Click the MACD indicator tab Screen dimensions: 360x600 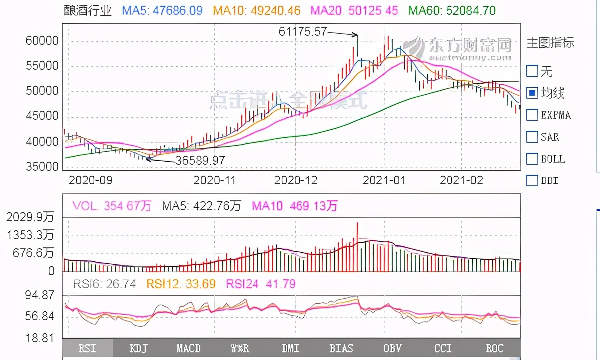point(189,348)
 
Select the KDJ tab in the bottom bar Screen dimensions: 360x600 point(138,348)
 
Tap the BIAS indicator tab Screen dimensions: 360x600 point(341,348)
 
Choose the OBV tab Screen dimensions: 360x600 point(392,348)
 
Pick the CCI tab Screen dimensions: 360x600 point(443,348)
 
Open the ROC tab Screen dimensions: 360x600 point(494,348)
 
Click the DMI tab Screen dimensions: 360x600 point(291,348)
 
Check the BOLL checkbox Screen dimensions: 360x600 point(532,159)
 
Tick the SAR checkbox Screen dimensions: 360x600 point(532,137)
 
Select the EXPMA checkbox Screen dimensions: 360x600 point(532,115)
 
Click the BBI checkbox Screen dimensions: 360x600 point(532,180)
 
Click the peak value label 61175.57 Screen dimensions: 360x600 point(302,32)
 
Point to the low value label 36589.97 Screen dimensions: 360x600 point(200,161)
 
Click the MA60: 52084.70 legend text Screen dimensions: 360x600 point(452,10)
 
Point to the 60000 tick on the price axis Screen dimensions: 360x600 point(42,41)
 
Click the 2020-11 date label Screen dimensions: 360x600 point(214,180)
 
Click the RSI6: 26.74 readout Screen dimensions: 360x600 point(104,284)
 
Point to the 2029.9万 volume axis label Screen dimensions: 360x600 point(31,218)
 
